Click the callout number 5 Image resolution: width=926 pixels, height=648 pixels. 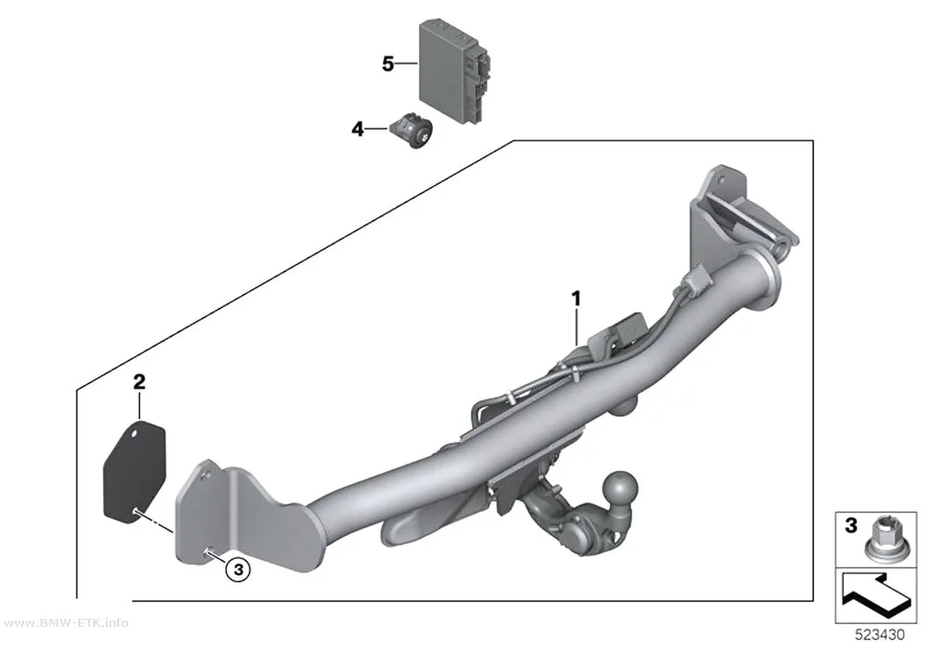click(x=387, y=63)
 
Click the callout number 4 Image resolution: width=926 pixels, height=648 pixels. click(x=358, y=129)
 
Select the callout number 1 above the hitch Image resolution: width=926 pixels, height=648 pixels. click(x=576, y=299)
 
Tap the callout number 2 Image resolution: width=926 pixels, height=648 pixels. click(x=138, y=382)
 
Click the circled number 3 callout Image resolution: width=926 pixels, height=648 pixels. click(x=239, y=570)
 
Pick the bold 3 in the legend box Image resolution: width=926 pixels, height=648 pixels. click(x=850, y=525)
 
